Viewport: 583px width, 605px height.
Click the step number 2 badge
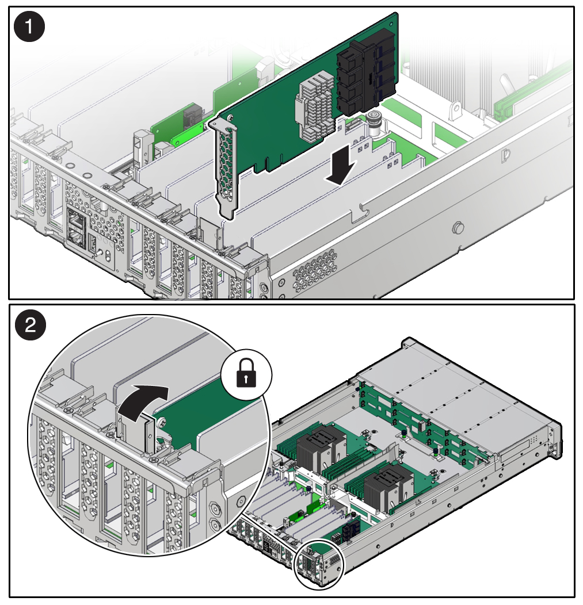pos(30,326)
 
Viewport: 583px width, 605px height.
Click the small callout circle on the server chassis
pos(319,564)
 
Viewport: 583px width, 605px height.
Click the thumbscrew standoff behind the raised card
pos(374,122)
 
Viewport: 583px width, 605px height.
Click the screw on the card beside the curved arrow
pos(161,423)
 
